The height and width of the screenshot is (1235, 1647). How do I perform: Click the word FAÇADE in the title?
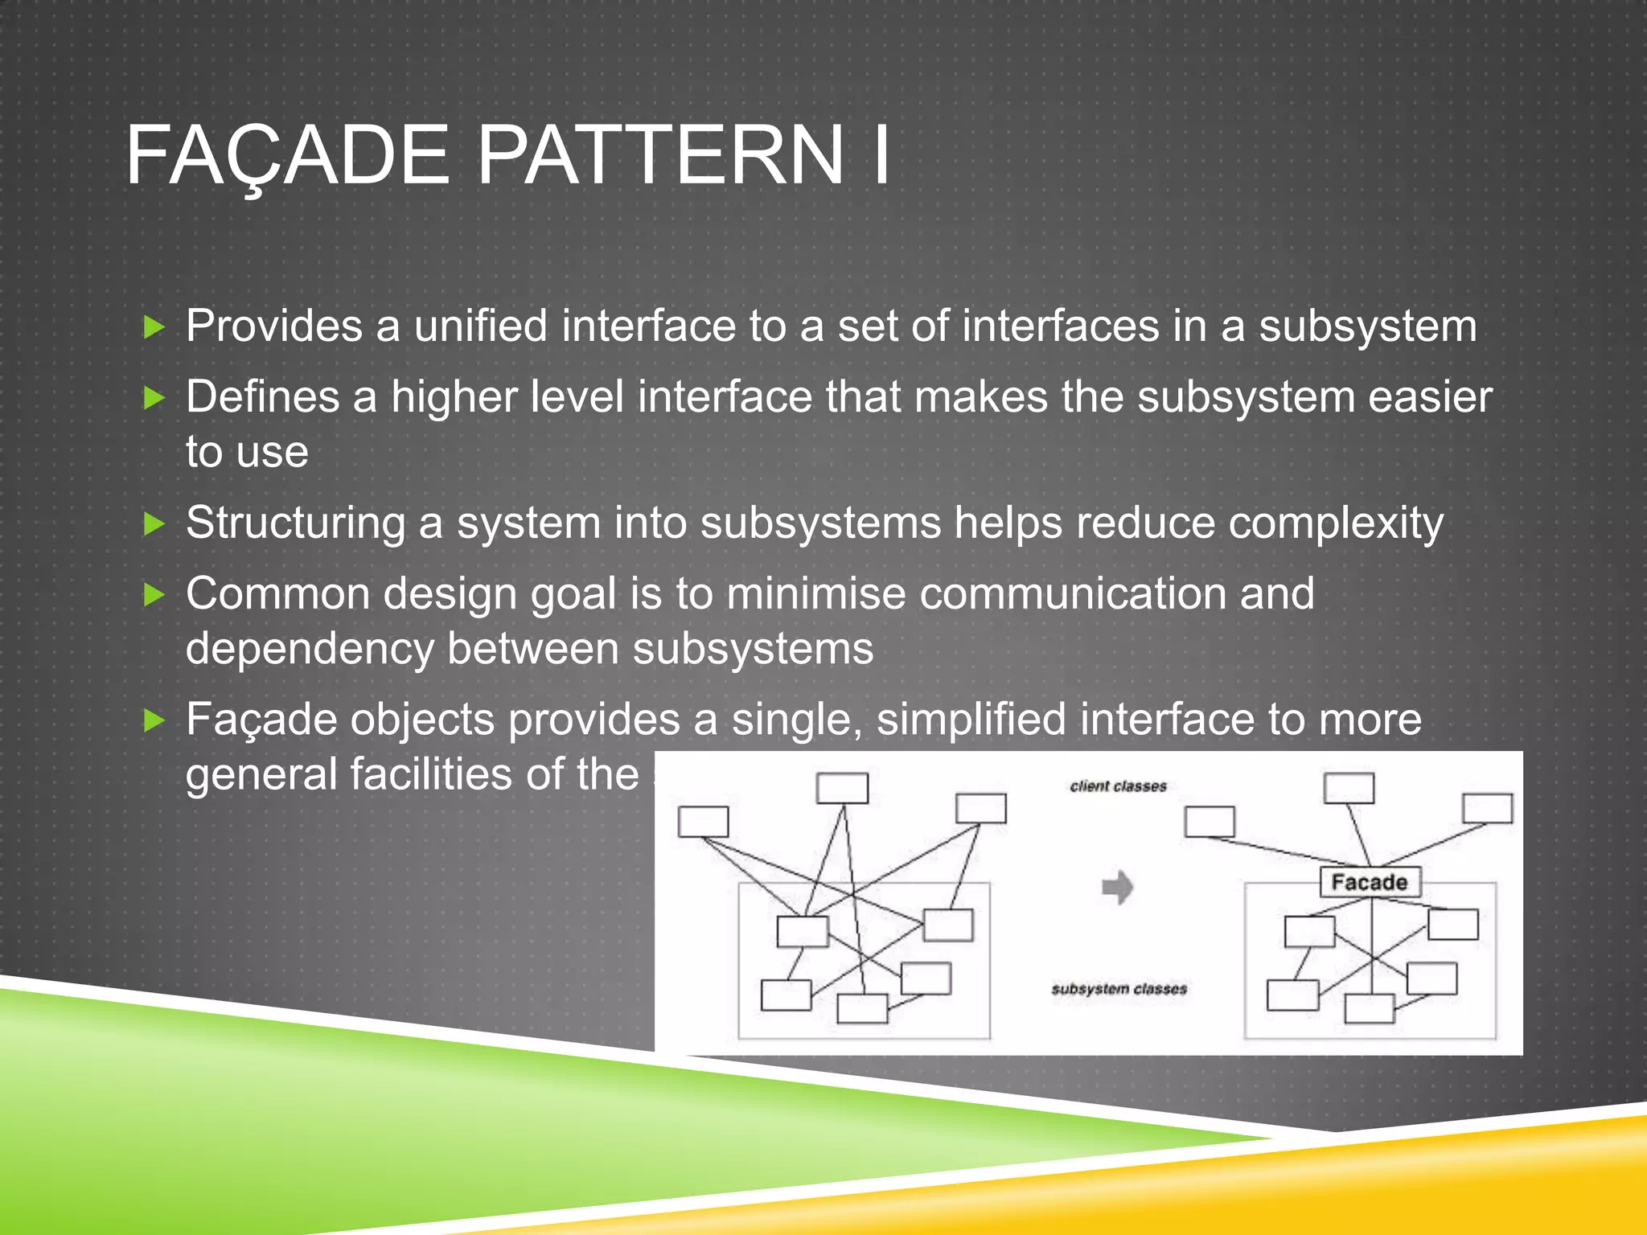(287, 155)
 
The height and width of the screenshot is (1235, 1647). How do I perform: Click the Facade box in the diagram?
(1370, 882)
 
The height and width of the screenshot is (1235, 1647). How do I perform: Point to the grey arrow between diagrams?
(1117, 888)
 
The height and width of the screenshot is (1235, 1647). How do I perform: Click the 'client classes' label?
(1118, 786)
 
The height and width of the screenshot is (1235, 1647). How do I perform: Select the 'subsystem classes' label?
(1119, 988)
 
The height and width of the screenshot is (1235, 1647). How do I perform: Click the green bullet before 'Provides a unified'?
(154, 327)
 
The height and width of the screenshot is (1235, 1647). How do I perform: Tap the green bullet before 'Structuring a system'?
(154, 524)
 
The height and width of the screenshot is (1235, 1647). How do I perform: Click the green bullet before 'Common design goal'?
(154, 595)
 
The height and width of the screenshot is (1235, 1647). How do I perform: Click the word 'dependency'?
(309, 648)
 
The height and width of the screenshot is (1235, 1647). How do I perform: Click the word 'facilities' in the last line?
(430, 773)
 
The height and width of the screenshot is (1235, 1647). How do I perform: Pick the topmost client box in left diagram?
(842, 788)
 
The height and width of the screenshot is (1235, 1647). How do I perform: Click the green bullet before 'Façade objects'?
(154, 720)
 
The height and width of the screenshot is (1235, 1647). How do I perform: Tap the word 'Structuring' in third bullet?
(295, 523)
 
